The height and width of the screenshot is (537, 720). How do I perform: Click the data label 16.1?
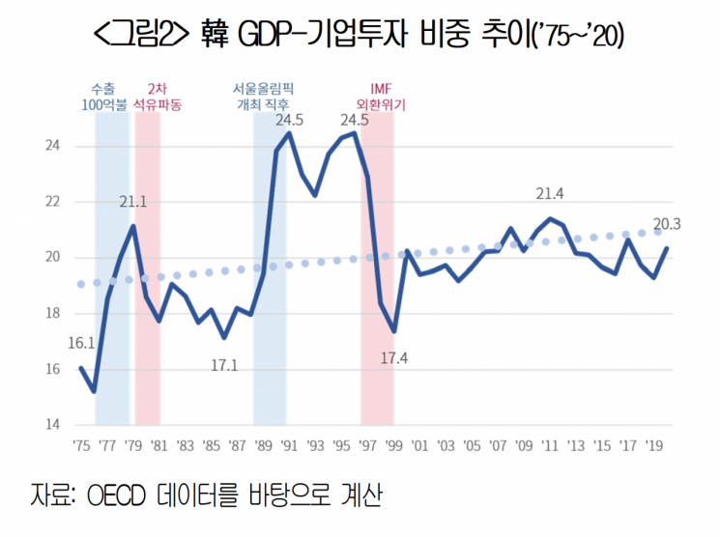coord(80,343)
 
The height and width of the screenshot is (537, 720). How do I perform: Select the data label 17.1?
coord(223,364)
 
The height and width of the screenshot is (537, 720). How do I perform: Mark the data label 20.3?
coord(667,225)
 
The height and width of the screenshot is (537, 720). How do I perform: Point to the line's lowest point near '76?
coord(95,391)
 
